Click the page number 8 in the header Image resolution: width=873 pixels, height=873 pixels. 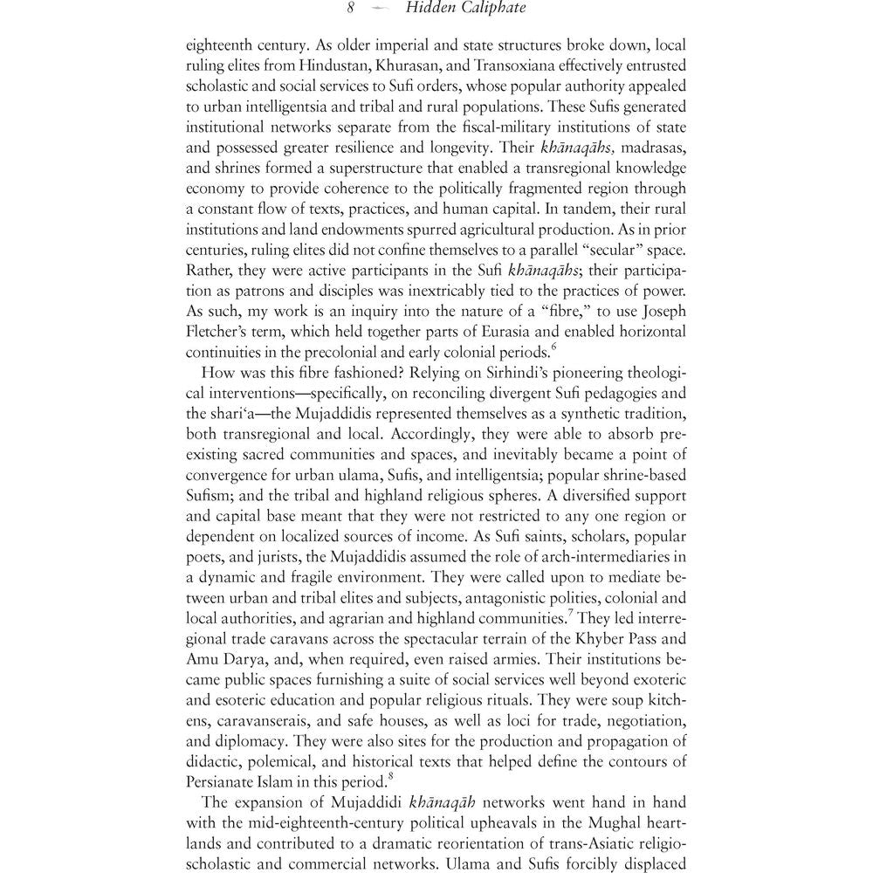click(x=350, y=10)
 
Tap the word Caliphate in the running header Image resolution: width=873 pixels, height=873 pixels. click(x=491, y=10)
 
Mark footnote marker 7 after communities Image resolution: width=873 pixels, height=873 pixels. click(x=570, y=614)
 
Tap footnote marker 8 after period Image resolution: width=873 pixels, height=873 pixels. click(x=380, y=776)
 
